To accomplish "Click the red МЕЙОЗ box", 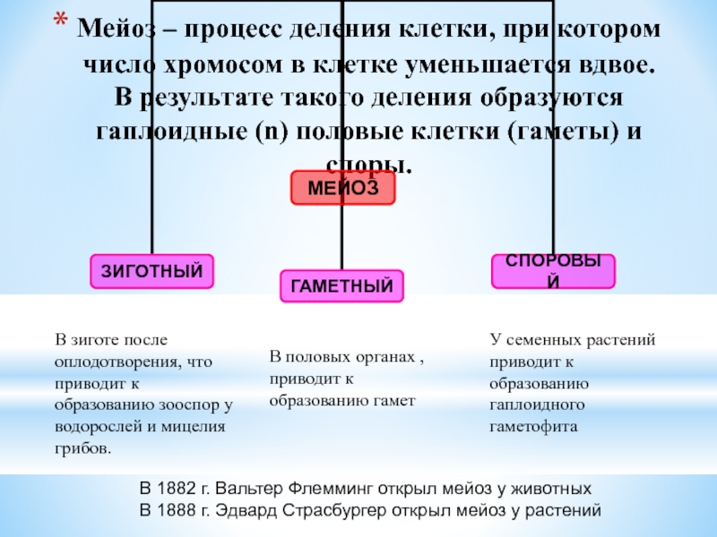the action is pyautogui.click(x=342, y=188).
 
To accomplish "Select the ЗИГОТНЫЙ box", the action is pyautogui.click(x=151, y=270).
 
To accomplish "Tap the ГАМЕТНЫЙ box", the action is pyautogui.click(x=341, y=286).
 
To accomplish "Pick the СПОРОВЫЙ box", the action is pyautogui.click(x=553, y=270).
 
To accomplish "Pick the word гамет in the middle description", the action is pyautogui.click(x=395, y=400).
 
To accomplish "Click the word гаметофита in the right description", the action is pyautogui.click(x=533, y=427).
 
